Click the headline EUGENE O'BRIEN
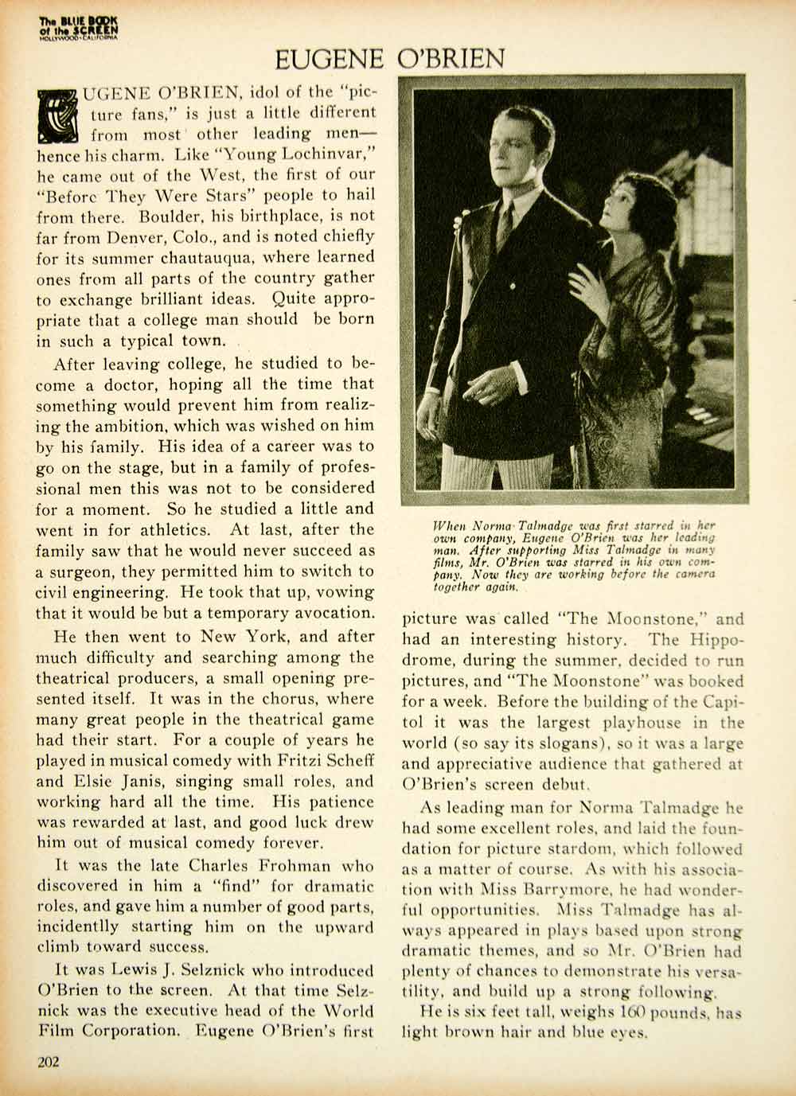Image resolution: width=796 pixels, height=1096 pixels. coord(390,58)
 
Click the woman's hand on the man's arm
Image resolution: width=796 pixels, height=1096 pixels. coord(587,289)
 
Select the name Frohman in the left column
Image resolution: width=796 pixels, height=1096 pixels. coord(290,864)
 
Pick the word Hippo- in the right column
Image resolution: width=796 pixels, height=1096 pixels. coord(710,638)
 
